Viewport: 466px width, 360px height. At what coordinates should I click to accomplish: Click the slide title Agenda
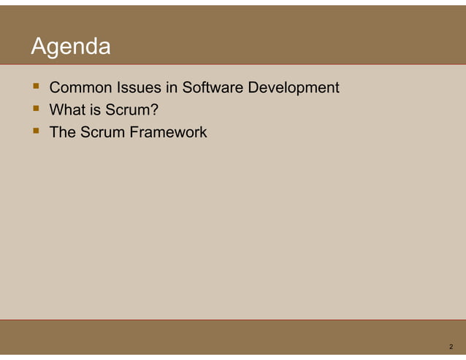click(71, 47)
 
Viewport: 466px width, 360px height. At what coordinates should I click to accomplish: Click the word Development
click(294, 88)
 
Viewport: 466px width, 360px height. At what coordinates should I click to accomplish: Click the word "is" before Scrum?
click(94, 111)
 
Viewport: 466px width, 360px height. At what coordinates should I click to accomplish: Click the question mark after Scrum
click(156, 111)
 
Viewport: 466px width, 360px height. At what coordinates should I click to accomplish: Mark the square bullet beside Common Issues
click(34, 88)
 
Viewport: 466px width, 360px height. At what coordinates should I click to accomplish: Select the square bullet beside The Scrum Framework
click(34, 133)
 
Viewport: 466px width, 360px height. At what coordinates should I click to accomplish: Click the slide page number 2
click(451, 346)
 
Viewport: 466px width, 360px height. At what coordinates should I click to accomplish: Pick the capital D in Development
click(253, 88)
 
